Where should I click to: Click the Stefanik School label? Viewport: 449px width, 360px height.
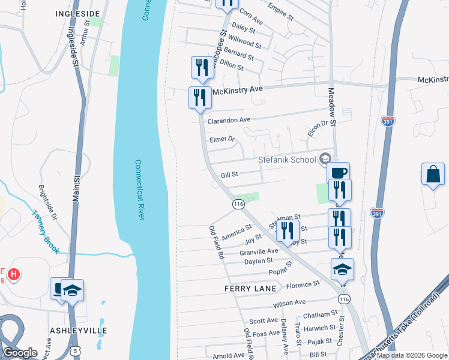[287, 160]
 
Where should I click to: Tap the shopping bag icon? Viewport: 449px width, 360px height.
[432, 175]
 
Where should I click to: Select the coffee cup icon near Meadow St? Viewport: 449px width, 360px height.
[339, 173]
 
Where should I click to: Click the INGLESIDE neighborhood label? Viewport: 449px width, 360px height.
[77, 13]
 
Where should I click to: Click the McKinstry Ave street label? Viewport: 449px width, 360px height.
[239, 89]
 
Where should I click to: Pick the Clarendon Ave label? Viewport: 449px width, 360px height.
[229, 121]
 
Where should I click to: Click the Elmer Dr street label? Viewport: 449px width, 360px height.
[221, 139]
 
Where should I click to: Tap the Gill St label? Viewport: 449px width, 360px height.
[230, 175]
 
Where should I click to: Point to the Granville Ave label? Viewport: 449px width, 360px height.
[259, 251]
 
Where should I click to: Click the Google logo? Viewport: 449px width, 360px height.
[20, 353]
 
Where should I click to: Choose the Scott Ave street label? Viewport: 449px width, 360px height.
[264, 321]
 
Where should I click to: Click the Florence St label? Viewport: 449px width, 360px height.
[303, 284]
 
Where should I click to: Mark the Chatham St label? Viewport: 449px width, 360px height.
[321, 314]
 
